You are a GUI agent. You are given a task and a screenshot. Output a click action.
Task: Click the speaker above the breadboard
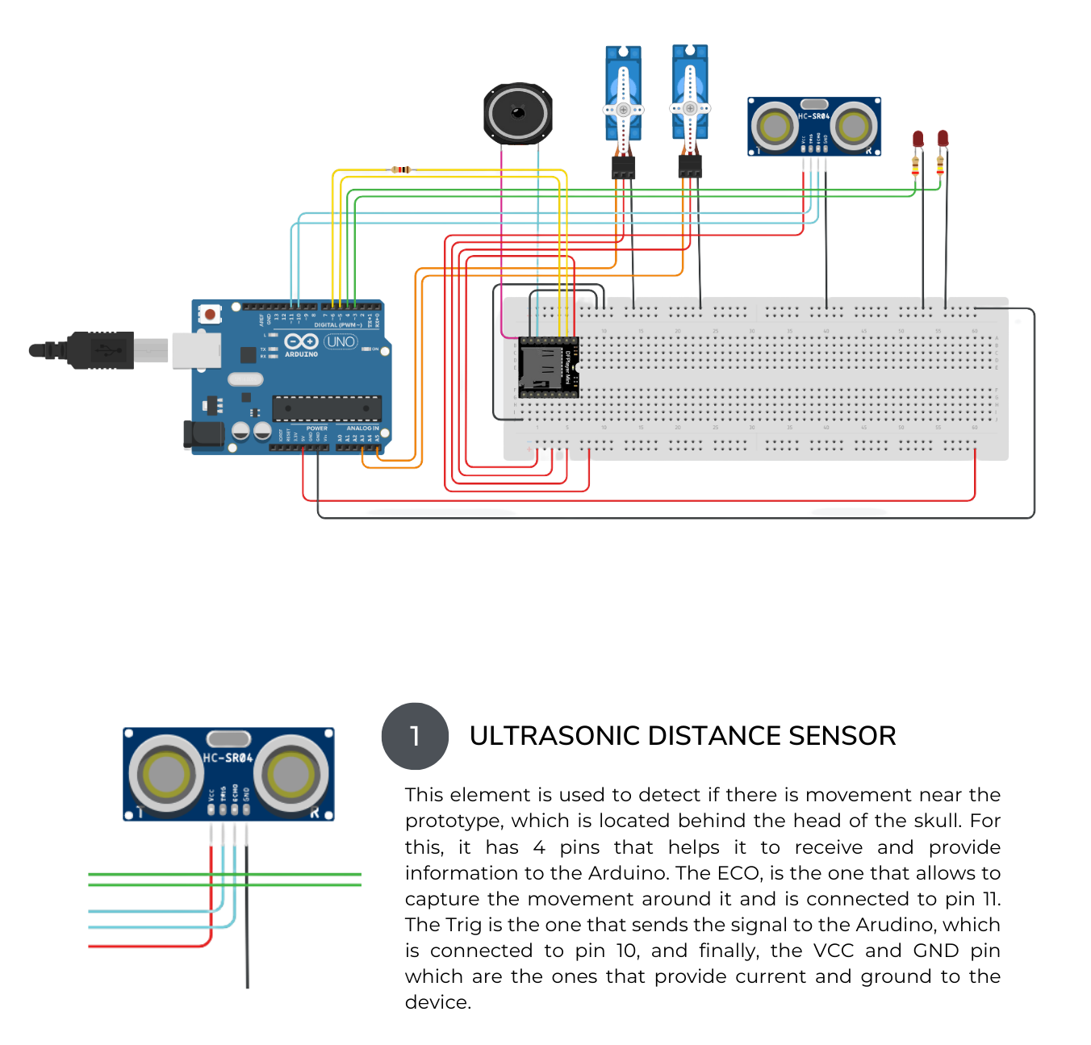click(517, 113)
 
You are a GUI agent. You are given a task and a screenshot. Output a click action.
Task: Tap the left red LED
click(918, 139)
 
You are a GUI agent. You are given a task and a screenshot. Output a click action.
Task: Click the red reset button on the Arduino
click(210, 313)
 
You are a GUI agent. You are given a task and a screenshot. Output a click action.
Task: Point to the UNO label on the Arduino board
click(341, 342)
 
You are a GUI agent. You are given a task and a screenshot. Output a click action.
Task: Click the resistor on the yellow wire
click(400, 169)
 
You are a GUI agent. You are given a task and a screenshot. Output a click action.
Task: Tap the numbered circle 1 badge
click(415, 736)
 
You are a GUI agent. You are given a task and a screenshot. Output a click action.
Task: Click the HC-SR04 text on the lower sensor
click(228, 758)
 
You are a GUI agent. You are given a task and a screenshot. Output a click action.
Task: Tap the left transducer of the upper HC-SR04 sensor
click(775, 127)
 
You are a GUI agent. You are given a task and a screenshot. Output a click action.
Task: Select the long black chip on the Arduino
click(326, 408)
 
